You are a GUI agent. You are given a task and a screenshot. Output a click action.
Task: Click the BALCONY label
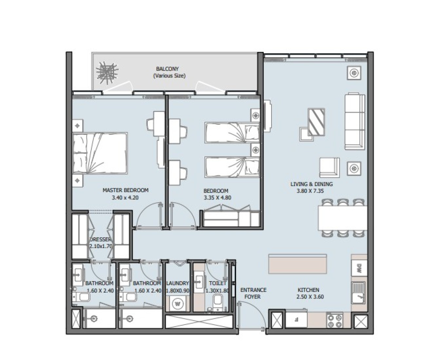tap(167, 69)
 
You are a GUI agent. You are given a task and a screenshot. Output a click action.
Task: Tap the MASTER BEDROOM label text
tap(125, 190)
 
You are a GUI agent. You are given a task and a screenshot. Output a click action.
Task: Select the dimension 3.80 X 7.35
tap(310, 191)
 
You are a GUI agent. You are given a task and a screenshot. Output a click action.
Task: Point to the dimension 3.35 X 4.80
tap(217, 198)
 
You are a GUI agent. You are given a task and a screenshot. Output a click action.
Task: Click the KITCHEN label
tap(309, 290)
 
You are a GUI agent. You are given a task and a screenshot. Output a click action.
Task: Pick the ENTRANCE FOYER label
tap(253, 293)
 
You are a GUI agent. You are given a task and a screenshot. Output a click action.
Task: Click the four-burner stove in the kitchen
tap(335, 320)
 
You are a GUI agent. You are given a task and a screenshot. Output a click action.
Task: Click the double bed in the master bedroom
tap(100, 153)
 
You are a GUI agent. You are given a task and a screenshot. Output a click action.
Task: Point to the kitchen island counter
tap(298, 264)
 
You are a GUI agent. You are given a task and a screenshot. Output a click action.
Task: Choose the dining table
tap(343, 218)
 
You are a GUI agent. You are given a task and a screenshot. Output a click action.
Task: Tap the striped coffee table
tap(316, 122)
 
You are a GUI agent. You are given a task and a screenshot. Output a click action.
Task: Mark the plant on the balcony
tap(107, 73)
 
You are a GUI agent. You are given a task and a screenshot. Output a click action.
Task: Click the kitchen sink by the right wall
tap(358, 293)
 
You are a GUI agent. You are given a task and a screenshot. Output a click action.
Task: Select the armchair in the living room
tap(329, 168)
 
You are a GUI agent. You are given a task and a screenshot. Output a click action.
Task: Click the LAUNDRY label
tap(178, 283)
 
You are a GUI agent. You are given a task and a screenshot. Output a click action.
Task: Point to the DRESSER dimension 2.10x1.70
tap(101, 246)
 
